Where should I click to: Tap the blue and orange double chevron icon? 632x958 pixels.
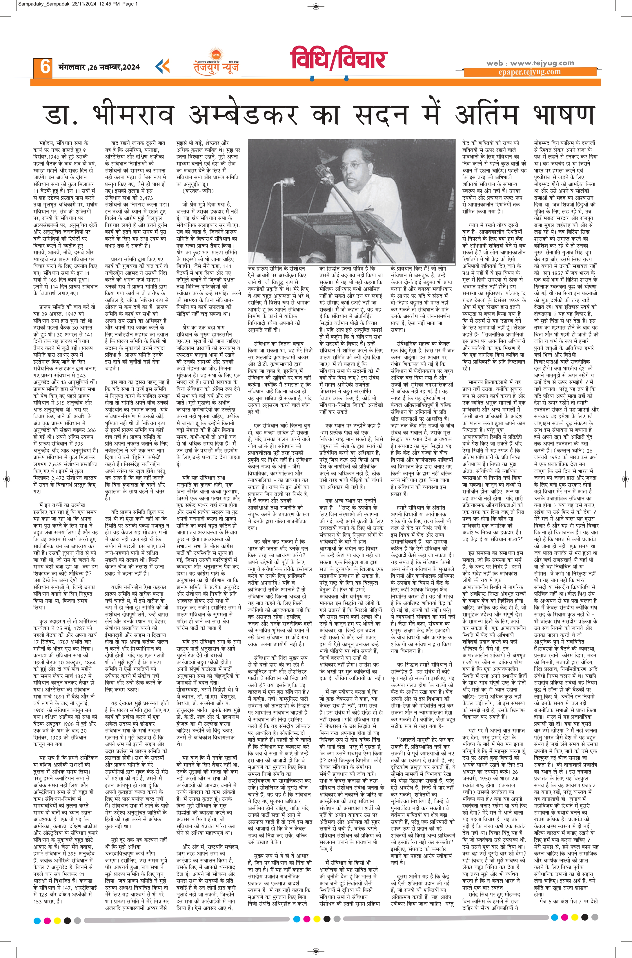tap(162, 66)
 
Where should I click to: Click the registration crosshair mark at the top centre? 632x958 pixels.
tap(316, 6)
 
